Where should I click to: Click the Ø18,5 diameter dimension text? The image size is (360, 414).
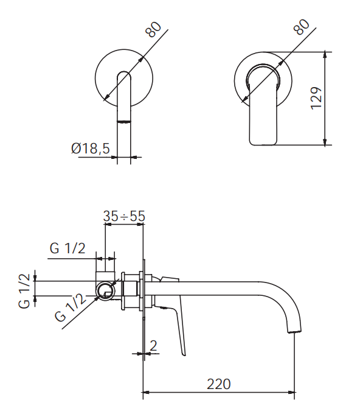90,148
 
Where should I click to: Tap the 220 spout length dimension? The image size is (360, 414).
218,384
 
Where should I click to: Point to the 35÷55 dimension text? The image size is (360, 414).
124,216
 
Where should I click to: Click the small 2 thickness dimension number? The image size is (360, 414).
153,345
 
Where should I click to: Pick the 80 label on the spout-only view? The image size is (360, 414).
154,31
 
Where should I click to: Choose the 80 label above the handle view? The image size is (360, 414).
302,29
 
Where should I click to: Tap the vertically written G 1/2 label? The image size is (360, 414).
24,290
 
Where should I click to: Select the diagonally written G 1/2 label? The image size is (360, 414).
69,308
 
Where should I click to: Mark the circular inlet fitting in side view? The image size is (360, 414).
106,292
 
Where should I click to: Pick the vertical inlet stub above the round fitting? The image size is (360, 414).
105,270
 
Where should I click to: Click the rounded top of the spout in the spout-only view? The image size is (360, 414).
123,75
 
